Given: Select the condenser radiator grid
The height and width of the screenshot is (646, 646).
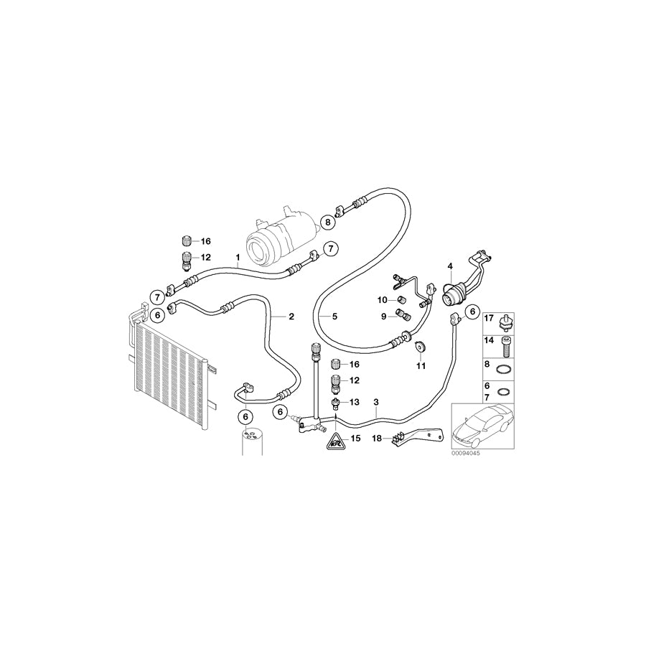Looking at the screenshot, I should pos(169,373).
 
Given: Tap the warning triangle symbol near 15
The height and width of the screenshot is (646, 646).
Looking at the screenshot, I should pos(335,442).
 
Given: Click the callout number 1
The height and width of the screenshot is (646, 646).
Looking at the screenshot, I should pos(238,257).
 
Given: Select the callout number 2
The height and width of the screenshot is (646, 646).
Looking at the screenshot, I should pos(291,317).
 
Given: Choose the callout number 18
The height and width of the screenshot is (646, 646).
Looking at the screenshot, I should pos(376,439).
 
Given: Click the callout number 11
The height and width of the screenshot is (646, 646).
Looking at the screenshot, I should pos(421,366).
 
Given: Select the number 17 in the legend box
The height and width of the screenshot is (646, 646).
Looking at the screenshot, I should pos(489,318).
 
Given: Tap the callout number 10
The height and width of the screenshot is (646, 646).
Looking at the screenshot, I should pos(383,299).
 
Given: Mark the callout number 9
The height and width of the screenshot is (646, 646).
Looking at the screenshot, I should pos(384,316).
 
